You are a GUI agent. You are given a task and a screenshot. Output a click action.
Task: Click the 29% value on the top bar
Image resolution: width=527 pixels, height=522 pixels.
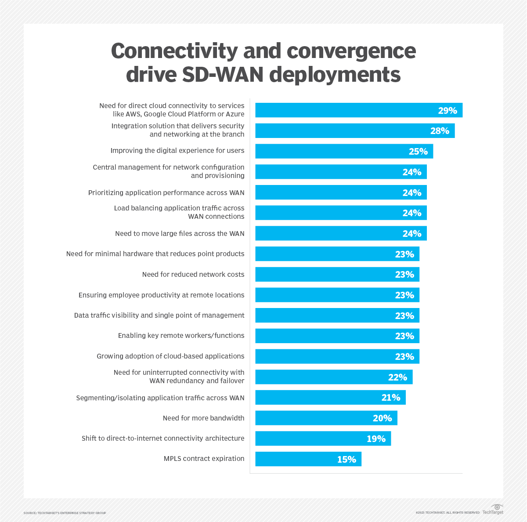tap(447, 111)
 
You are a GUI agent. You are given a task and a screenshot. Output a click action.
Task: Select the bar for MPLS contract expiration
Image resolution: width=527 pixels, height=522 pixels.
tap(308, 459)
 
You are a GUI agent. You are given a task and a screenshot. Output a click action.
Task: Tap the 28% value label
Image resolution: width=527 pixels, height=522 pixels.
tap(439, 131)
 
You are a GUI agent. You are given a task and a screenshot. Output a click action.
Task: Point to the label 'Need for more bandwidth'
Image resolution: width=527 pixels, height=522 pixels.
tap(203, 418)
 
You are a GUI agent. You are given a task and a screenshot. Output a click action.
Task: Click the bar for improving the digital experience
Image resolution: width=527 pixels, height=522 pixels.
tap(344, 151)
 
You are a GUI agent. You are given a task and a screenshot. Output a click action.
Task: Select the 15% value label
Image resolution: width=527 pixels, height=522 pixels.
tap(346, 460)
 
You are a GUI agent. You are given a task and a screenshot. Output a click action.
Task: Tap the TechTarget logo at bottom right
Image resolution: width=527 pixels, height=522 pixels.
tap(493, 510)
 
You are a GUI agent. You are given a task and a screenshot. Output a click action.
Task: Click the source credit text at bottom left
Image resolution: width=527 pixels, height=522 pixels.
tap(65, 513)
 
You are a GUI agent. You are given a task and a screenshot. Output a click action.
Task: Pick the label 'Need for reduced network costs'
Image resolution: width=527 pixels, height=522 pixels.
tap(193, 275)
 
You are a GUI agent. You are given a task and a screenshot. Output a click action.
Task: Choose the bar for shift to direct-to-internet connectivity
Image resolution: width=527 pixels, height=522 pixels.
tap(323, 439)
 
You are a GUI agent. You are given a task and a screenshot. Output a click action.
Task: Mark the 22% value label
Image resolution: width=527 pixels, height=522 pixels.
tap(397, 377)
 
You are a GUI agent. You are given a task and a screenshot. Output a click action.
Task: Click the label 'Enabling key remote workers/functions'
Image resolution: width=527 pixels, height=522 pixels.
tap(181, 336)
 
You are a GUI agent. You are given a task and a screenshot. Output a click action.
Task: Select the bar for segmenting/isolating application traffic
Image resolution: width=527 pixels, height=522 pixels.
tap(330, 398)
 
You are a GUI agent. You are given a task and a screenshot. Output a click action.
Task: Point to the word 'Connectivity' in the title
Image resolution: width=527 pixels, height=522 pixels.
tap(174, 51)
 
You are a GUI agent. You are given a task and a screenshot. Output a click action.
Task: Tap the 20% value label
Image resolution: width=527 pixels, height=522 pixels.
tap(382, 418)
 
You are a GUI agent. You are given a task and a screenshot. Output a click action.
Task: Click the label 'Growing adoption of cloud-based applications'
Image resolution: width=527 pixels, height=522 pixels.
tap(170, 356)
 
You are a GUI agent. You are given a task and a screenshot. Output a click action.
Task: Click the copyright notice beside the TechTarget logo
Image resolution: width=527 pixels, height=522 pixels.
tap(448, 513)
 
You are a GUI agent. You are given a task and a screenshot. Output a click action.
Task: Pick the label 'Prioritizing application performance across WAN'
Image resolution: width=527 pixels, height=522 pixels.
tap(166, 193)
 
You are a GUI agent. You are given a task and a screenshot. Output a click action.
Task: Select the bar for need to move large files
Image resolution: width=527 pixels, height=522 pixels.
tap(341, 233)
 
